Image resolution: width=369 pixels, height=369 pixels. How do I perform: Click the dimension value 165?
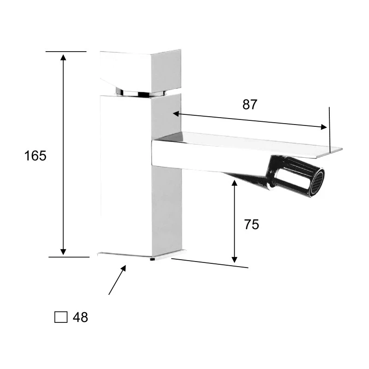point(36,156)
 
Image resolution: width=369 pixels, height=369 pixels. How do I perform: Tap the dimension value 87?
point(250,105)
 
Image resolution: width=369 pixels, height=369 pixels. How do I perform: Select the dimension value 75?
point(251,225)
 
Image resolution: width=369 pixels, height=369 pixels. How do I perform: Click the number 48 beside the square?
point(80,317)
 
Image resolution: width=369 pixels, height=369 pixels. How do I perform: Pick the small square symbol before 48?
point(61,317)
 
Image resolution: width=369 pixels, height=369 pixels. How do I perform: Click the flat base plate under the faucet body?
point(141,255)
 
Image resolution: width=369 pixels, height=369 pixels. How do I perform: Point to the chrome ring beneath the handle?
point(138,93)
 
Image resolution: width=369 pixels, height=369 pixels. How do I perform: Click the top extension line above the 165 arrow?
point(66,52)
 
